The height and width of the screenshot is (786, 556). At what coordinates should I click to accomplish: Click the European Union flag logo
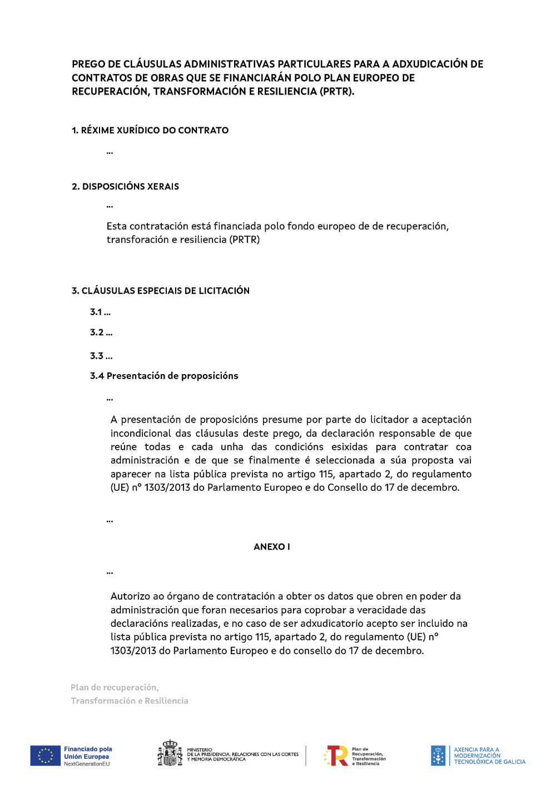point(45,756)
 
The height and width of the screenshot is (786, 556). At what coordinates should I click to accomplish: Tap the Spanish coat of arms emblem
point(170,753)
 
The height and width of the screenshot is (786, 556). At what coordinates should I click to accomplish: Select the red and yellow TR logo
point(336,755)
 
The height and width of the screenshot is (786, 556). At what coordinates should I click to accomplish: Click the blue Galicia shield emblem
point(438,755)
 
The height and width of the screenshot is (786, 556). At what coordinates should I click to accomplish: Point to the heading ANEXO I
point(272,547)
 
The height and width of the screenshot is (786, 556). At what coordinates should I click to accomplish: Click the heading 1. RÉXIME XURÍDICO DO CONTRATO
point(150,131)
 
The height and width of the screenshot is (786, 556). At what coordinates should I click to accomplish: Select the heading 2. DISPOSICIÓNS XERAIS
point(125,187)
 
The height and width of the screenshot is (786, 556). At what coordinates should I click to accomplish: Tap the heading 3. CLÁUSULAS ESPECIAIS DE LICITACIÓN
point(161,291)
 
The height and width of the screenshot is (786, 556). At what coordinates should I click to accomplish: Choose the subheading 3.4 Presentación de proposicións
point(164,376)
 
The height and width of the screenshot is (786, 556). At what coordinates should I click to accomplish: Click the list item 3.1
point(100,312)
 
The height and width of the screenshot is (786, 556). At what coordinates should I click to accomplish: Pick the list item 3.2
point(101,332)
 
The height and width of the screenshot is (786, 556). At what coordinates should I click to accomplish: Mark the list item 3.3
point(101,356)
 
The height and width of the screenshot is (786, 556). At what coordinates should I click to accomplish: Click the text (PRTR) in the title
point(336,92)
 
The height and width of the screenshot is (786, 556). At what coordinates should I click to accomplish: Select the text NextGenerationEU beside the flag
point(87,764)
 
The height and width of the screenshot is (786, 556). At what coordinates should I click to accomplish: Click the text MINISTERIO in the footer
point(200,750)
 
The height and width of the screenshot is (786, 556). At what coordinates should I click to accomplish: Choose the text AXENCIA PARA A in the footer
point(476,750)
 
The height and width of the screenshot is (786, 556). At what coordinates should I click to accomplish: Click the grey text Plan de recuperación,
point(115,688)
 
